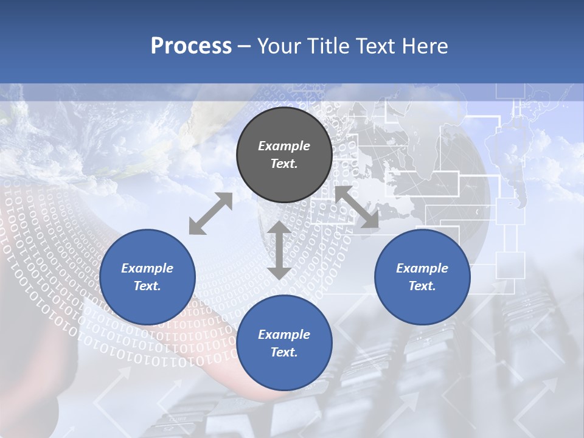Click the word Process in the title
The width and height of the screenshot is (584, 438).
[191, 46]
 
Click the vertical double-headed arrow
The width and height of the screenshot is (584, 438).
[279, 250]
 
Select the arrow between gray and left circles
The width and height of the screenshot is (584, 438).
[210, 214]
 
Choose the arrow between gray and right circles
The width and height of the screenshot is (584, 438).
[357, 207]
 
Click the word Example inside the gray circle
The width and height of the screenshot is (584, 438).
[284, 146]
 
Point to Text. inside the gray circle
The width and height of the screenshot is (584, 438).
[284, 164]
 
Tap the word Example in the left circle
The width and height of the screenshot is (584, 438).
[147, 268]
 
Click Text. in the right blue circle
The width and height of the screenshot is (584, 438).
[422, 286]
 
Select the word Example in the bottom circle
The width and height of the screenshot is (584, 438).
[284, 335]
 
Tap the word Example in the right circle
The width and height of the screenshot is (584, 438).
[422, 268]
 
